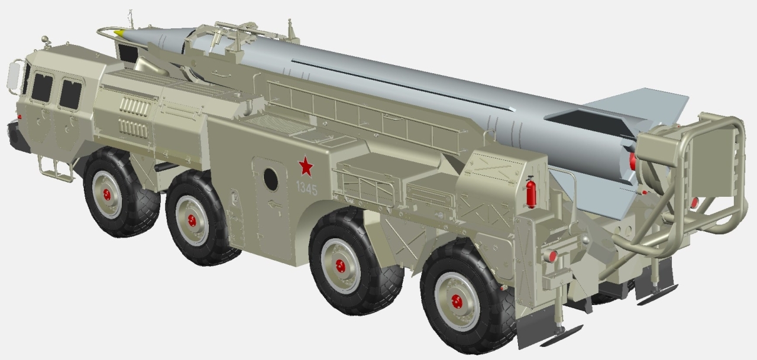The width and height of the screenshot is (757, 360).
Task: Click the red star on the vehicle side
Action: (x=306, y=166)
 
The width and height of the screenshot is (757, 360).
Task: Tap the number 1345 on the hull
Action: (x=307, y=189)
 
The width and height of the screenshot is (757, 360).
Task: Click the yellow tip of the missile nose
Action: (x=119, y=33)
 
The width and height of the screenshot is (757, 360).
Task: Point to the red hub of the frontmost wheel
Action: (x=107, y=194)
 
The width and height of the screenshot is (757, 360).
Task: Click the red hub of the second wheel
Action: (x=192, y=221)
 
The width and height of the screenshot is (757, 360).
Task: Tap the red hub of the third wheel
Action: (x=341, y=266)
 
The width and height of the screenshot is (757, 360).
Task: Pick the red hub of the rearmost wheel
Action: (x=457, y=301)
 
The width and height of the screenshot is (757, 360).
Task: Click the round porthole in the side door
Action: (x=271, y=179)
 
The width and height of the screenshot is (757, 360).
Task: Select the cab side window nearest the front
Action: (x=42, y=88)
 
